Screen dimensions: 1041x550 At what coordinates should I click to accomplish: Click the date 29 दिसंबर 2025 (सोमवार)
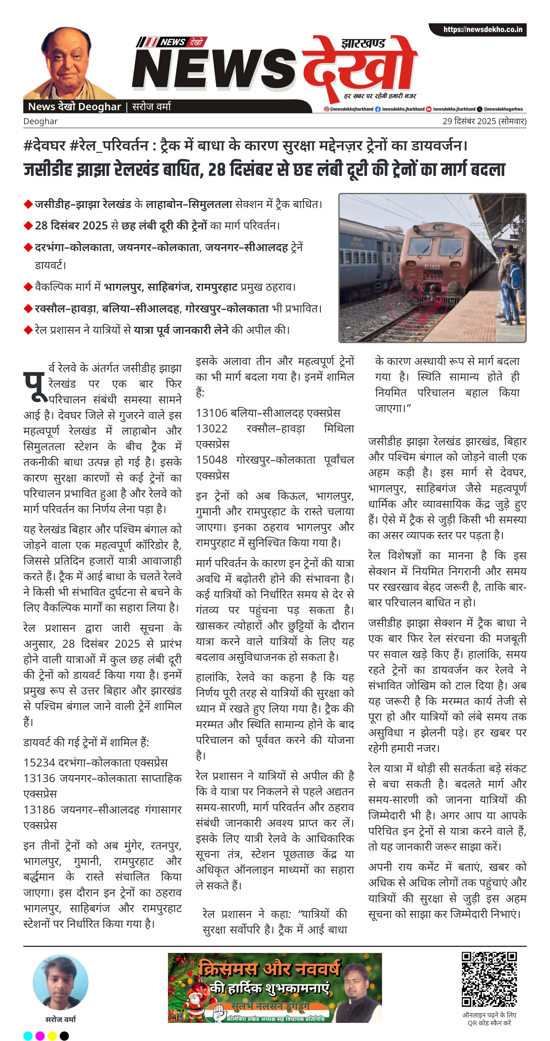pyautogui.click(x=484, y=121)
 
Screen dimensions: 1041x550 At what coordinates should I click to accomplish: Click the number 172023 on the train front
pyautogui.click(x=432, y=267)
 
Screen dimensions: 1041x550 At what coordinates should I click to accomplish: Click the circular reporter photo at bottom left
pyautogui.click(x=61, y=983)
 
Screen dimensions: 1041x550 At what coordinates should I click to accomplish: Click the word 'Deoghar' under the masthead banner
pyautogui.click(x=40, y=121)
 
